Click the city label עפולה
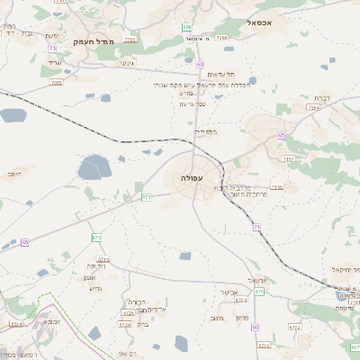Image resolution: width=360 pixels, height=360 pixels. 193,178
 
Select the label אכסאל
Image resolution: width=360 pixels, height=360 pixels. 269,22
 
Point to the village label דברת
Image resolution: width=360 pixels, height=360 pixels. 324,97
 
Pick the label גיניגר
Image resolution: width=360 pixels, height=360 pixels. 126,64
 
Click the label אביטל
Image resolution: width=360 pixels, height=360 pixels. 228,292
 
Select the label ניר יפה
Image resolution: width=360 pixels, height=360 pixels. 97,265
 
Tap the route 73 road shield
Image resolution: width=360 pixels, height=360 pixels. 53,48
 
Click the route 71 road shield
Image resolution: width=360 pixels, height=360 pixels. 256,227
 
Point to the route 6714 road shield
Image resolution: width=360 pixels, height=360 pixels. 103,259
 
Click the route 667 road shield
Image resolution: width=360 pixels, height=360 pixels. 355,346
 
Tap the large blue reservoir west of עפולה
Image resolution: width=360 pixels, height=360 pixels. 93,166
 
